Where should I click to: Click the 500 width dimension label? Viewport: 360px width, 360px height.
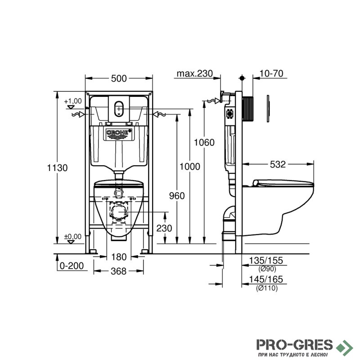119,78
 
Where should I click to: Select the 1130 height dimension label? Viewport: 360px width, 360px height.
57,168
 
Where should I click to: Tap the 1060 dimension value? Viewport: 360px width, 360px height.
204,143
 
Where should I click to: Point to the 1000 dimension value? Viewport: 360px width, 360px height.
189,166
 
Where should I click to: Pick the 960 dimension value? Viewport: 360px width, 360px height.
177,196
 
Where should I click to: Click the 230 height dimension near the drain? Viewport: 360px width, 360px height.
164,228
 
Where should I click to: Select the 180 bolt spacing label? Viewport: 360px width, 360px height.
119,257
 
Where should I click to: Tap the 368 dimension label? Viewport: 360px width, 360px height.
118,271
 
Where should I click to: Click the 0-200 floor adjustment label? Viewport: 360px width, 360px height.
72,266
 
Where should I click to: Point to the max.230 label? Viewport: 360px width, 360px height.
195,73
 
